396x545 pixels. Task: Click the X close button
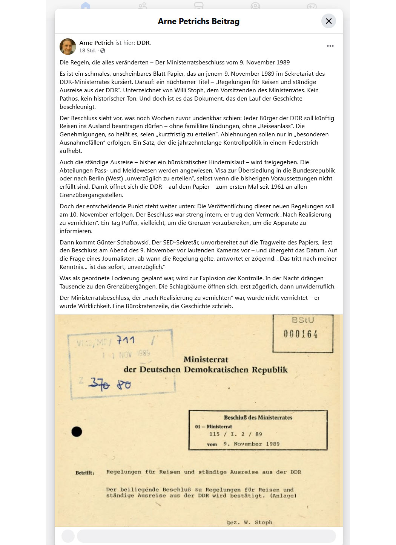click(x=328, y=21)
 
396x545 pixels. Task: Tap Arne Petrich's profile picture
click(x=68, y=46)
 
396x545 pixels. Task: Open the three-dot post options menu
click(x=330, y=46)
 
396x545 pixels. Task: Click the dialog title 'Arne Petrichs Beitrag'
click(x=198, y=21)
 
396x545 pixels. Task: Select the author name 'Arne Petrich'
click(x=96, y=43)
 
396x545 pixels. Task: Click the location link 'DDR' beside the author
click(x=143, y=43)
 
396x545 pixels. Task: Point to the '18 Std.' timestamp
click(x=87, y=51)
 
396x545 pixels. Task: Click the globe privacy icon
click(x=103, y=51)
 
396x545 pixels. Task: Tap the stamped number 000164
click(x=301, y=334)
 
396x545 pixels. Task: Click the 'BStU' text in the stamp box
click(x=303, y=320)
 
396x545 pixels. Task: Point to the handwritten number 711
click(x=126, y=340)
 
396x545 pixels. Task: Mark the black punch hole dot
click(x=77, y=432)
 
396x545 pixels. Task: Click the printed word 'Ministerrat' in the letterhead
click(x=206, y=360)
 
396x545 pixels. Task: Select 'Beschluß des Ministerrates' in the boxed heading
click(x=258, y=417)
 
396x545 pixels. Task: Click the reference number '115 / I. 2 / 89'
click(x=235, y=434)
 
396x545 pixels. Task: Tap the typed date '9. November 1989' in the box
click(x=251, y=444)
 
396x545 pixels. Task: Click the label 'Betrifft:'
click(x=85, y=473)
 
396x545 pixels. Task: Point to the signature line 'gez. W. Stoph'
click(x=249, y=522)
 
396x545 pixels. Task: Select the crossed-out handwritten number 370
click(x=99, y=384)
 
